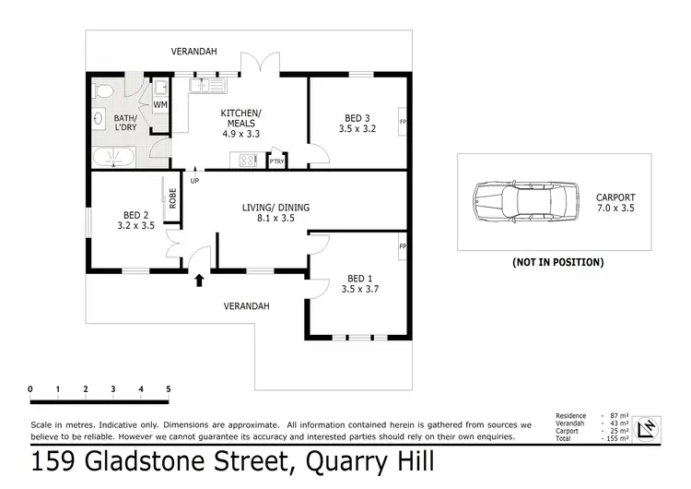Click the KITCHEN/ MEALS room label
pos(241,123)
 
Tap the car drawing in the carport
pos(522,200)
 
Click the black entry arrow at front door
pos(199,280)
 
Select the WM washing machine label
pos(160,105)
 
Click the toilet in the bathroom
pos(104,89)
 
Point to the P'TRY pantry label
pos(276,161)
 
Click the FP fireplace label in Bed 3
pos(403,121)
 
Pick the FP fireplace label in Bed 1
pos(403,247)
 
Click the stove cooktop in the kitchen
pos(248,161)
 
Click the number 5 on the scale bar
pos(169,388)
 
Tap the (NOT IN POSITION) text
pos(557,262)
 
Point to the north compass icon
pos(649,427)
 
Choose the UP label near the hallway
pos(194,181)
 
